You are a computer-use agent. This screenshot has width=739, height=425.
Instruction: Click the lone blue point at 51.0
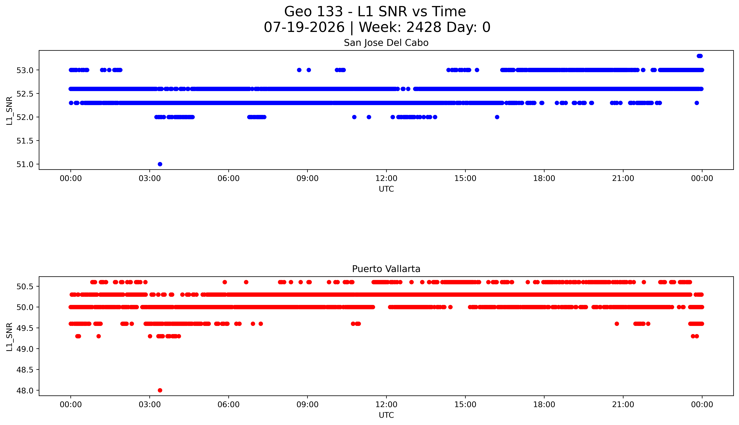point(160,164)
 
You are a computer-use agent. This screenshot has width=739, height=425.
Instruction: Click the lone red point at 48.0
point(160,390)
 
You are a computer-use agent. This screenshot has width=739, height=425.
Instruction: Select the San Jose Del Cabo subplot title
point(386,43)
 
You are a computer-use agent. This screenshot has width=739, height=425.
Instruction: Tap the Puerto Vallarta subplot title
point(386,269)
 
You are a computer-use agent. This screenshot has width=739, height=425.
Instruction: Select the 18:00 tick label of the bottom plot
point(544,405)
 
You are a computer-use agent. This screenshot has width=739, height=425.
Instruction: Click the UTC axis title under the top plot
point(386,189)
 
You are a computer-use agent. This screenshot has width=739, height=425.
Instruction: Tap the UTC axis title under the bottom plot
point(386,415)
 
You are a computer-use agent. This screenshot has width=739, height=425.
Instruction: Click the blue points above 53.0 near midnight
point(699,56)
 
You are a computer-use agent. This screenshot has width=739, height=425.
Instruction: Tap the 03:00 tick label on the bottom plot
point(150,405)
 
